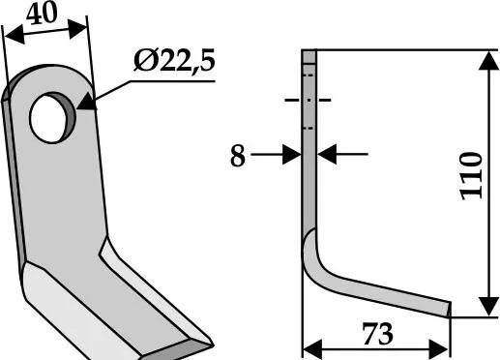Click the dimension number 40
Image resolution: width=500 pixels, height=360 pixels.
pyautogui.click(x=42, y=14)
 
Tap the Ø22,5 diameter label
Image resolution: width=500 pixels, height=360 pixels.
pyautogui.click(x=174, y=61)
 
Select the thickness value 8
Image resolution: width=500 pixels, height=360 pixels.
pyautogui.click(x=238, y=156)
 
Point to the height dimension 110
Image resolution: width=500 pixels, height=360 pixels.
pyautogui.click(x=471, y=176)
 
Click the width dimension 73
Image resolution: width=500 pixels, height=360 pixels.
pyautogui.click(x=377, y=334)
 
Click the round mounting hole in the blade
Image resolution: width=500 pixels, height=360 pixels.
pyautogui.click(x=51, y=118)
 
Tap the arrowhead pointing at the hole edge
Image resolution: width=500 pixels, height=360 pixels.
pyautogui.click(x=86, y=103)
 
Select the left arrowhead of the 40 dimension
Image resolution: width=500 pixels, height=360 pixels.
pyautogui.click(x=15, y=35)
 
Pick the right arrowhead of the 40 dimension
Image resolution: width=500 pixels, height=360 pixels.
pyautogui.click(x=77, y=28)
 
